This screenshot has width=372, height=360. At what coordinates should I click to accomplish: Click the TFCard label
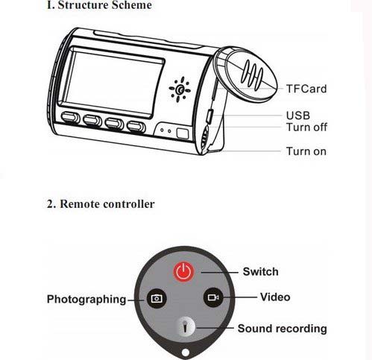point(306,89)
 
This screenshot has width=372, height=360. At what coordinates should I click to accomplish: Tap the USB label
point(298,116)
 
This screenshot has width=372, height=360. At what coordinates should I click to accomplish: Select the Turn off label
point(306,127)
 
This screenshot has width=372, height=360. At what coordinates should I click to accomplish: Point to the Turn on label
point(306,151)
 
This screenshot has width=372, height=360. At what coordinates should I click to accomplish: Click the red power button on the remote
point(183,271)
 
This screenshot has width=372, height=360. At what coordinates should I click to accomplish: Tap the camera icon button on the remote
point(157,298)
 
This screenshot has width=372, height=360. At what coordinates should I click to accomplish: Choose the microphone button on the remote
point(185,326)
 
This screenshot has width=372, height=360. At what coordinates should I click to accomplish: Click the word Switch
point(260,271)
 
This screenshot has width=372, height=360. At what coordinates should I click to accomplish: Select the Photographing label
point(86,299)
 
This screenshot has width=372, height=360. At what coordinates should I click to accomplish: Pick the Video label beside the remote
point(275,297)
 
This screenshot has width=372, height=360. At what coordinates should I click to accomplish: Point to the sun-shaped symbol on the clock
point(180,89)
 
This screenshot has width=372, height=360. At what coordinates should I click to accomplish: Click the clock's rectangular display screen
point(110,82)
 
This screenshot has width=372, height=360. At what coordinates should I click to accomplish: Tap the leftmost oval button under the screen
point(70,118)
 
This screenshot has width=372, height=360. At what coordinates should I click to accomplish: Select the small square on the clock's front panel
point(183,133)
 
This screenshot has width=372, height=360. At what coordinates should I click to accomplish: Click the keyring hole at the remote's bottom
point(185,353)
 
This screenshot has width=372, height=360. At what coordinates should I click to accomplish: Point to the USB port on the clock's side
point(209,116)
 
